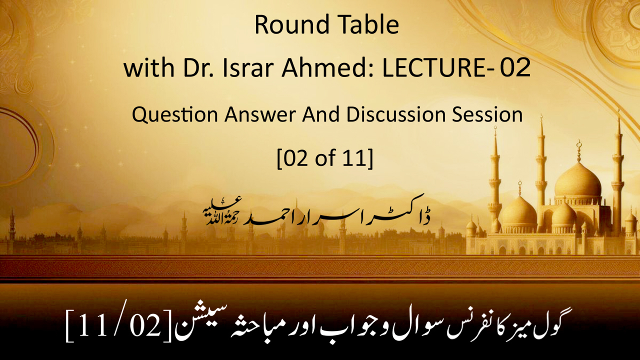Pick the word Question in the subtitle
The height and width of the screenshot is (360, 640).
pyautogui.click(x=175, y=115)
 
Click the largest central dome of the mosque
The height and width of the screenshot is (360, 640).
pyautogui.click(x=577, y=179)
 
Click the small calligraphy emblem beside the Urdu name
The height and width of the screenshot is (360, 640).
pyautogui.click(x=222, y=210)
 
